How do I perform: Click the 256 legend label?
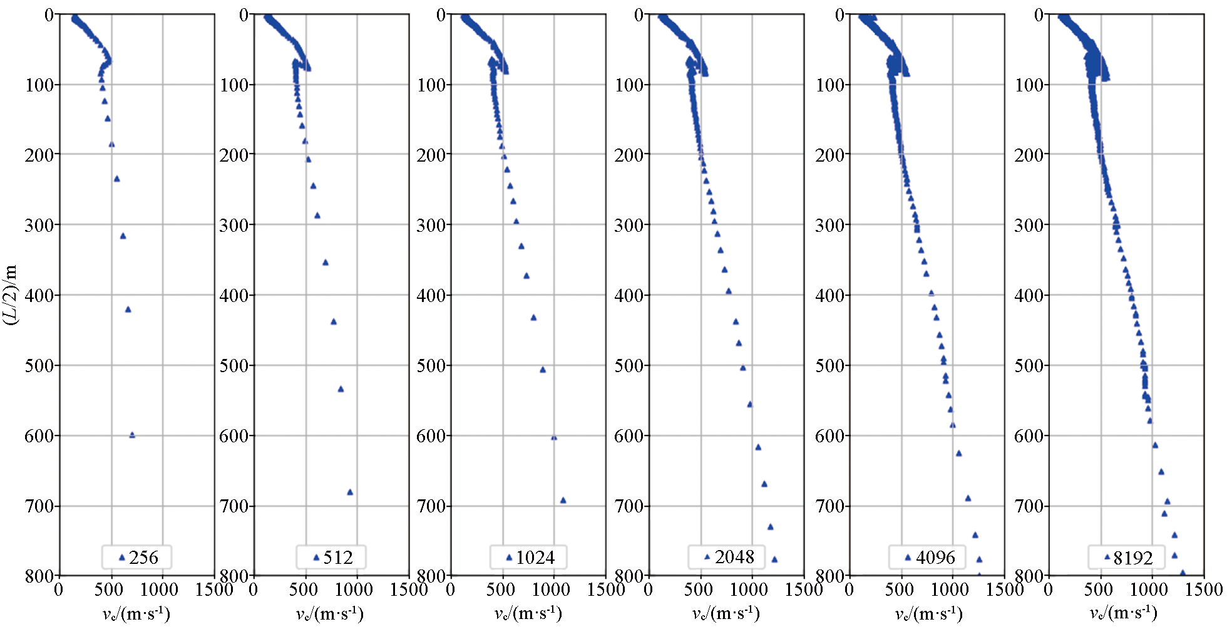point(143,557)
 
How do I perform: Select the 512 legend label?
point(338,557)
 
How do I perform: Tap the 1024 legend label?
point(535,557)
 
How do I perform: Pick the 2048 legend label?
point(734,556)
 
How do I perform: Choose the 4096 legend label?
point(935,557)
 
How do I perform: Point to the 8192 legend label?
point(1133,557)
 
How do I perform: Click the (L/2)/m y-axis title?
point(11,294)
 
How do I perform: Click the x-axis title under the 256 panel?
point(136,613)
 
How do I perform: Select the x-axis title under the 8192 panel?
point(1124,613)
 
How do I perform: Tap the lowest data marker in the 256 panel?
point(132,435)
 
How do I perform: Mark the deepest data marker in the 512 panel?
point(350,492)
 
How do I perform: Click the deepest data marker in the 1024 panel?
point(563,500)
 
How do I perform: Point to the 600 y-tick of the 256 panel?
point(39,436)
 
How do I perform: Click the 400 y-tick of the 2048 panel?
point(629,295)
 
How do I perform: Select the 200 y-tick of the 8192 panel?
point(1029,155)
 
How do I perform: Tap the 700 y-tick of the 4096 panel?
point(829,506)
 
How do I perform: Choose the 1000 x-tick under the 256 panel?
point(159,590)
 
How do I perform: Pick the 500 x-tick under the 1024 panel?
point(501,590)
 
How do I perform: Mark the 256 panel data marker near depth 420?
point(128,309)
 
